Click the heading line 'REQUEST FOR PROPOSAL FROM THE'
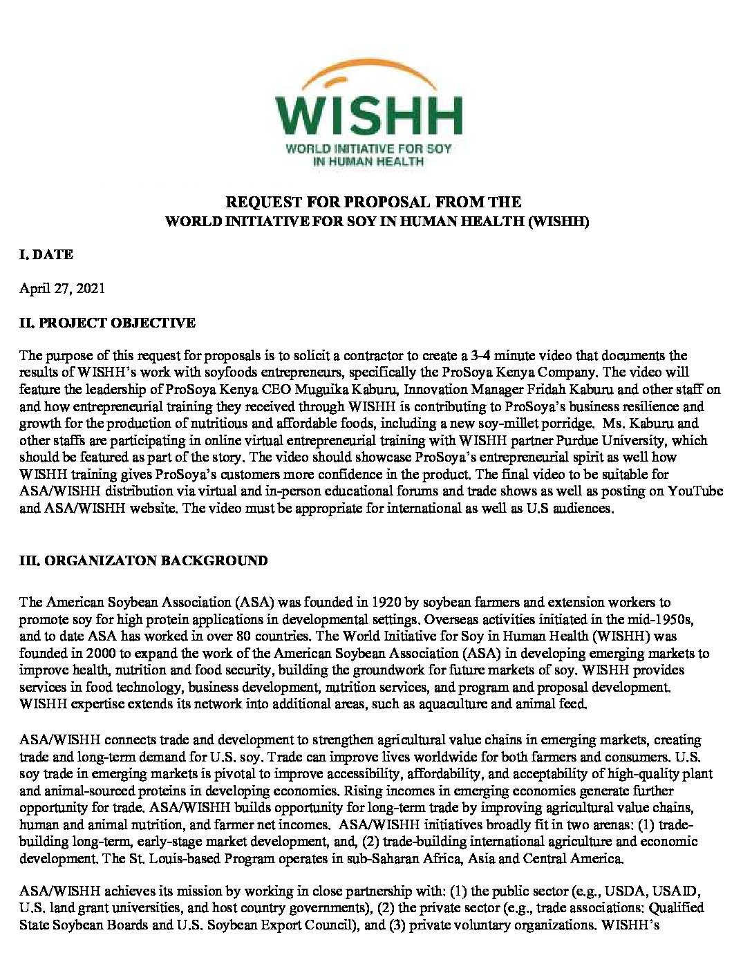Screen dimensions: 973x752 tap(374, 202)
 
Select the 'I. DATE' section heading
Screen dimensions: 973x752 tap(46, 254)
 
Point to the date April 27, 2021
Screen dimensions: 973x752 tap(62, 288)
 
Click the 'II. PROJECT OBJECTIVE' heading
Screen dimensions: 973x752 tap(107, 323)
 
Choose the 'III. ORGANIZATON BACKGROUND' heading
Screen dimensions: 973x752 tap(143, 560)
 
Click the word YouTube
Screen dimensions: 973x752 tap(695, 491)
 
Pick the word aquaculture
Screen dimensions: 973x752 tap(452, 703)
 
